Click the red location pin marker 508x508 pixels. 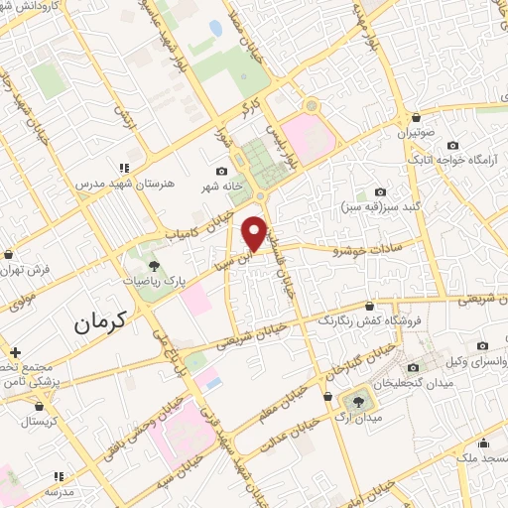point(254,233)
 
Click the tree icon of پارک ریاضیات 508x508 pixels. point(153,265)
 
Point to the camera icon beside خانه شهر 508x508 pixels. point(222,171)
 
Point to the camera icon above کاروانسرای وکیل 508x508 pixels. point(482,345)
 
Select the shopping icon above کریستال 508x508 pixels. point(40,405)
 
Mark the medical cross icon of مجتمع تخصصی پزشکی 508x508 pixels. point(15,351)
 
